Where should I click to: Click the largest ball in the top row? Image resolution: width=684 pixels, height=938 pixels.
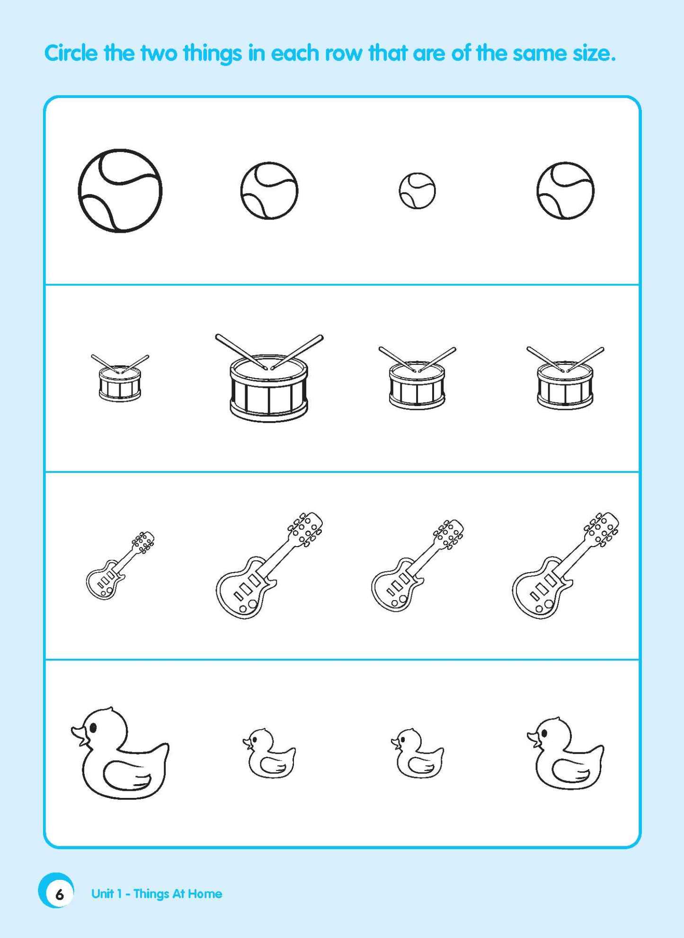coord(120,191)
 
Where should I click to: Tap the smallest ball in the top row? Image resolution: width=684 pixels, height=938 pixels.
coord(417,191)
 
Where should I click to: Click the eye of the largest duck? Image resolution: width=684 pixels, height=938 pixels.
coord(93,727)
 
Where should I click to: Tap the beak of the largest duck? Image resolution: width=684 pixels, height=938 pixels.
coord(79,735)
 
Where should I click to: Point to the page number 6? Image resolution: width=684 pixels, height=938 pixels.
coord(59,894)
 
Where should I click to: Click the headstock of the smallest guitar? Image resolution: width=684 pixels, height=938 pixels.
coord(143,541)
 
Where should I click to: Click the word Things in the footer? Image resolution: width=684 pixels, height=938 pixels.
coord(151,894)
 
